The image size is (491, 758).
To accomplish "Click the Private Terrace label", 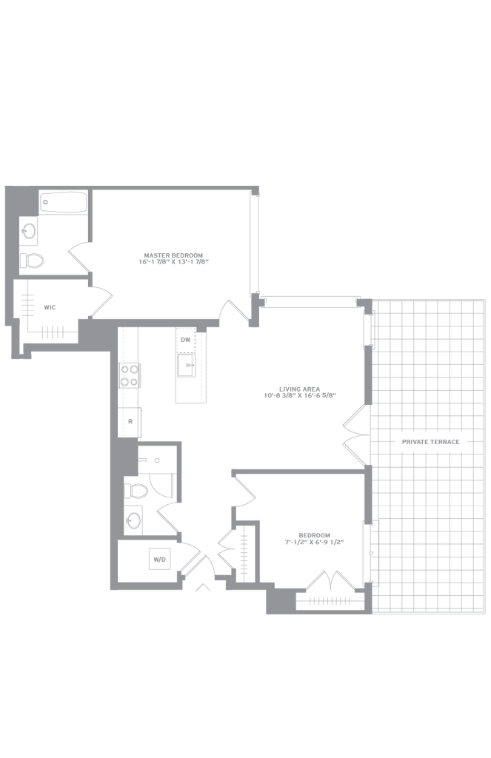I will pos(430,442).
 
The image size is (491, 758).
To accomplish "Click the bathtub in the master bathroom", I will pos(64,201).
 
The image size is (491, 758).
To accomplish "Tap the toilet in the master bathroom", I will pos(32,260).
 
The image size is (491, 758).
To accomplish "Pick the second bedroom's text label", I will pos(314,538).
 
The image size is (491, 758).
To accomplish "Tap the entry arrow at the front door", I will pos(201,588).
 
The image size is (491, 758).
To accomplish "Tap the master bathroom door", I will pos(79,255).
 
